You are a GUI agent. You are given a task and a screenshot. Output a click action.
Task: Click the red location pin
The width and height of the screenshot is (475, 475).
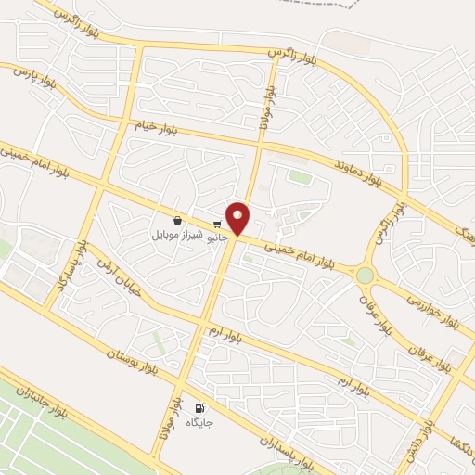point(238,219)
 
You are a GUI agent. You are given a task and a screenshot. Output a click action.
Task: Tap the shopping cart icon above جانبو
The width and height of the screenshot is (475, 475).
point(217,224)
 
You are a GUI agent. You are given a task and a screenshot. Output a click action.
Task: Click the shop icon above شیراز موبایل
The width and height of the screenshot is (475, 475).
point(176,221)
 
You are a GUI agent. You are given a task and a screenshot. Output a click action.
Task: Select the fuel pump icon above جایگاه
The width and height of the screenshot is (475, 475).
point(199,408)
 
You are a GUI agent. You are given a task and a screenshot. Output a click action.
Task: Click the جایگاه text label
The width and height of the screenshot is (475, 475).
point(200,422)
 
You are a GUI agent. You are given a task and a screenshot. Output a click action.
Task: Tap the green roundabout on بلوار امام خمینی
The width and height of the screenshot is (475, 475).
point(365,276)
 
